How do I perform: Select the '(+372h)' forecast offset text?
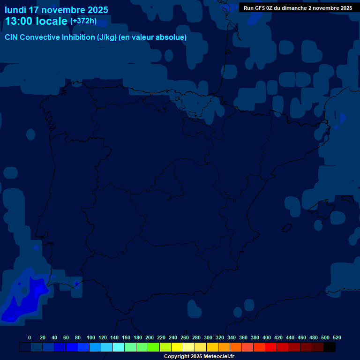click(83, 21)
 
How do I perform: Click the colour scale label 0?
click(30, 337)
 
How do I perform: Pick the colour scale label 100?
click(91, 337)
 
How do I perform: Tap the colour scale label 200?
click(150, 337)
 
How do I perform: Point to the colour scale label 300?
click(208, 337)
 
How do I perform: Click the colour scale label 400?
click(267, 337)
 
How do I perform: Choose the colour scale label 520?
click(337, 337)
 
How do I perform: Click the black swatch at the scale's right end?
click(330, 347)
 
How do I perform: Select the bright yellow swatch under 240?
click(177, 347)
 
